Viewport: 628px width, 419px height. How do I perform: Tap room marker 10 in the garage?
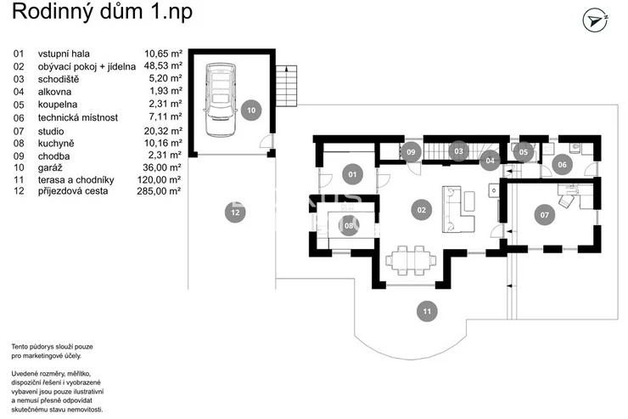tap(250, 110)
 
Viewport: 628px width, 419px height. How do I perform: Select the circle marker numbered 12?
tap(234, 212)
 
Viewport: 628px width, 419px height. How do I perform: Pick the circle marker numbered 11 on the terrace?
tap(428, 311)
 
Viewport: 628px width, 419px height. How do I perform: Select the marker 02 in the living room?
tap(420, 208)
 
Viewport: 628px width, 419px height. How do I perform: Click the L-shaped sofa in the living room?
tap(458, 209)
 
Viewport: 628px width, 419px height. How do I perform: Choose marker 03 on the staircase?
tap(458, 151)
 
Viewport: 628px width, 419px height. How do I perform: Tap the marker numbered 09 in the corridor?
tap(411, 152)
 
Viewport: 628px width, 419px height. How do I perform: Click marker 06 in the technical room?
tap(562, 165)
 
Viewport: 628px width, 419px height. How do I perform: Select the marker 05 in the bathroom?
tap(524, 152)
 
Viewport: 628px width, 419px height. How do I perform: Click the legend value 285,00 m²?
tap(160, 192)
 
